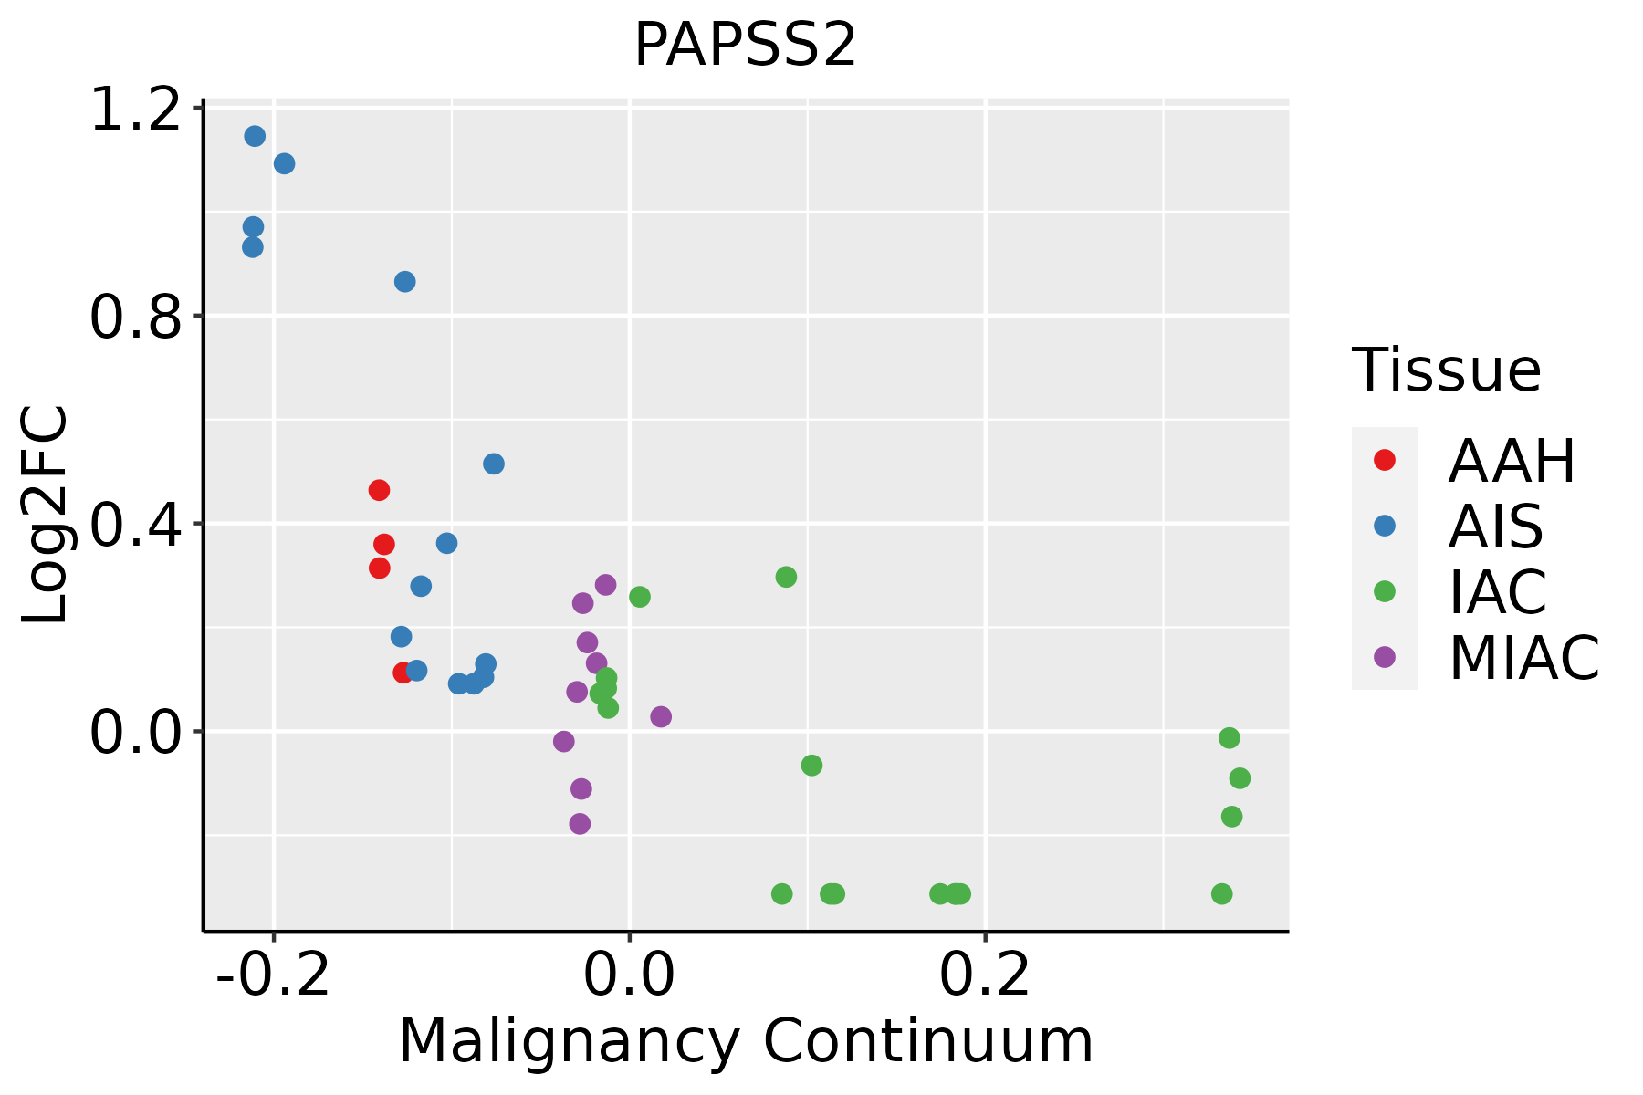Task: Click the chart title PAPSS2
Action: tap(745, 45)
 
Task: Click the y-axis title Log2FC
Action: tap(46, 515)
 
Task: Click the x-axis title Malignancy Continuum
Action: tap(745, 1041)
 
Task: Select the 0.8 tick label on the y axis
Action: tap(135, 317)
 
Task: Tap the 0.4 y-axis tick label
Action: tap(135, 524)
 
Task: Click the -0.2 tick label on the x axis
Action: tap(273, 975)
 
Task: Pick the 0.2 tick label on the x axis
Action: tap(985, 975)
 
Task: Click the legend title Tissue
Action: tap(1447, 370)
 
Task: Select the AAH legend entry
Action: tap(1512, 461)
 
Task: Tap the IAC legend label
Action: tap(1498, 591)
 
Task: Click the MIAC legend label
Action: tap(1523, 657)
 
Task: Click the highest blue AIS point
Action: tap(255, 136)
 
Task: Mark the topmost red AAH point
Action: tap(379, 490)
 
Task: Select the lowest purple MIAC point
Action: tap(580, 824)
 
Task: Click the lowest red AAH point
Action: tap(403, 673)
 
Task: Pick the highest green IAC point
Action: tap(786, 577)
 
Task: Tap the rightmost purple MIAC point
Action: tap(661, 716)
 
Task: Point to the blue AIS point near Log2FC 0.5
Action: tap(494, 464)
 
